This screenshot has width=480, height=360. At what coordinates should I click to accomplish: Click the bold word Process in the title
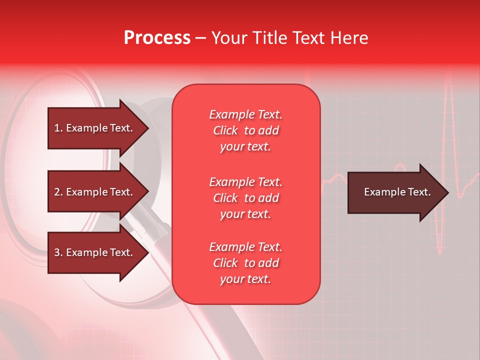tap(157, 38)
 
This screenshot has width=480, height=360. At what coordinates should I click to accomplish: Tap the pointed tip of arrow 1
tap(147, 128)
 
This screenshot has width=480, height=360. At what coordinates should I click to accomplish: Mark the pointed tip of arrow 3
tap(147, 252)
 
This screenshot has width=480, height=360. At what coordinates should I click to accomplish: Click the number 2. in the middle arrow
tap(58, 192)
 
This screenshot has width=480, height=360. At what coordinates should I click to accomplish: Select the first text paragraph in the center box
tap(245, 130)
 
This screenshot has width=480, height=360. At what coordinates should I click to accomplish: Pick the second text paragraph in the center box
tap(245, 198)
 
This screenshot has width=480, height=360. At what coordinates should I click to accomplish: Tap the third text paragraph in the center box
tap(245, 263)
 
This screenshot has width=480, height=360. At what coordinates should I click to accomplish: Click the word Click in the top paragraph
tap(225, 130)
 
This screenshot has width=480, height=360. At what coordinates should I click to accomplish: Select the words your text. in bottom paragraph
tap(245, 279)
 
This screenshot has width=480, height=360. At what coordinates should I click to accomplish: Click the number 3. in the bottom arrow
tap(58, 252)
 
